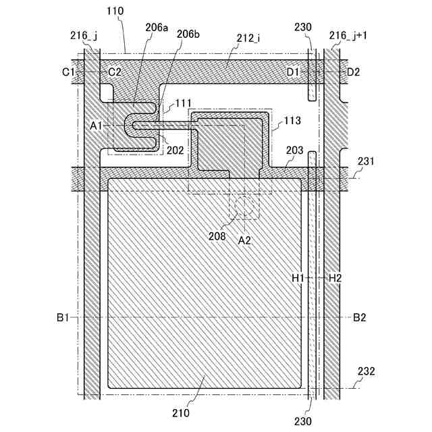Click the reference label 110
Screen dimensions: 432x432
tap(115, 11)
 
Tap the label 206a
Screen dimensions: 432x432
tap(157, 28)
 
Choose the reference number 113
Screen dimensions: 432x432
tap(294, 121)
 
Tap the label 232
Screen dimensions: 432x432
tap(366, 371)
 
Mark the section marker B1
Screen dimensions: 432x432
tap(65, 317)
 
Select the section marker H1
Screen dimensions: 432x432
tap(298, 277)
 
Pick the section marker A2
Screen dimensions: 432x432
tap(244, 239)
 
